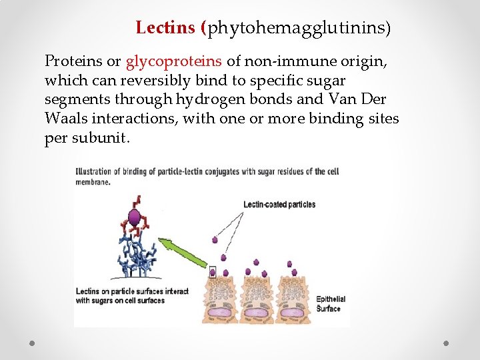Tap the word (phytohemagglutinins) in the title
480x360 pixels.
coord(299,29)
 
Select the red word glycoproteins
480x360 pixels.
coord(174,61)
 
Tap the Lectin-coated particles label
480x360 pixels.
coord(279,204)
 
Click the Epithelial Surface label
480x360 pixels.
coord(330,304)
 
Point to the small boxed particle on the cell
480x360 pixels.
coord(213,271)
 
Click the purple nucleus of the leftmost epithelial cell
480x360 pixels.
coord(223,313)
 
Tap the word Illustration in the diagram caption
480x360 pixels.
coord(97,171)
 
